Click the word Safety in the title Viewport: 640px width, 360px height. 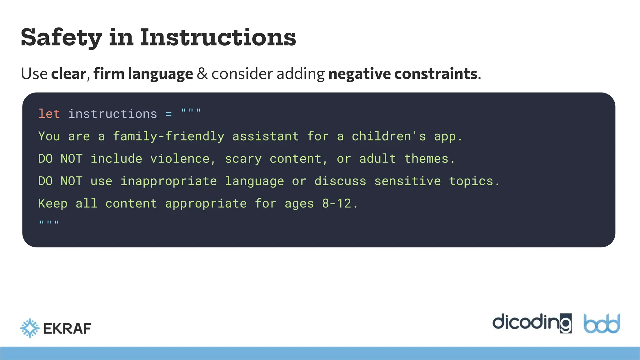pos(61,37)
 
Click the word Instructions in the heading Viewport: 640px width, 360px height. pos(217,37)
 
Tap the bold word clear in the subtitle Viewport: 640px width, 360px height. pos(68,74)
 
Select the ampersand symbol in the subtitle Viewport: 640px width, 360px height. pos(202,74)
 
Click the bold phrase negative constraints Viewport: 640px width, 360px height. pos(403,74)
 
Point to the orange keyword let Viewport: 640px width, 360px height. pos(49,114)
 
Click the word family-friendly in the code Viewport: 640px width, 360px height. pos(168,137)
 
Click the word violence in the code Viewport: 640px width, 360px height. pos(180,159)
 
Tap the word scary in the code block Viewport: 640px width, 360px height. pos(243,159)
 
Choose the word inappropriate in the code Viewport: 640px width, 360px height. pos(168,182)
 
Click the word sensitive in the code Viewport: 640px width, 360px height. pos(407,182)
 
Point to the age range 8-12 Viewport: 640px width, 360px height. pos(337,204)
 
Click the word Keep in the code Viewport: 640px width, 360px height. pos(52,204)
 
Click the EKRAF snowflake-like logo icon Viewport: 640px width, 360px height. pos(30,328)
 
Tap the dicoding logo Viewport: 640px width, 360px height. pos(532,323)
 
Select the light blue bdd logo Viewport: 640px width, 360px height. pos(602,324)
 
